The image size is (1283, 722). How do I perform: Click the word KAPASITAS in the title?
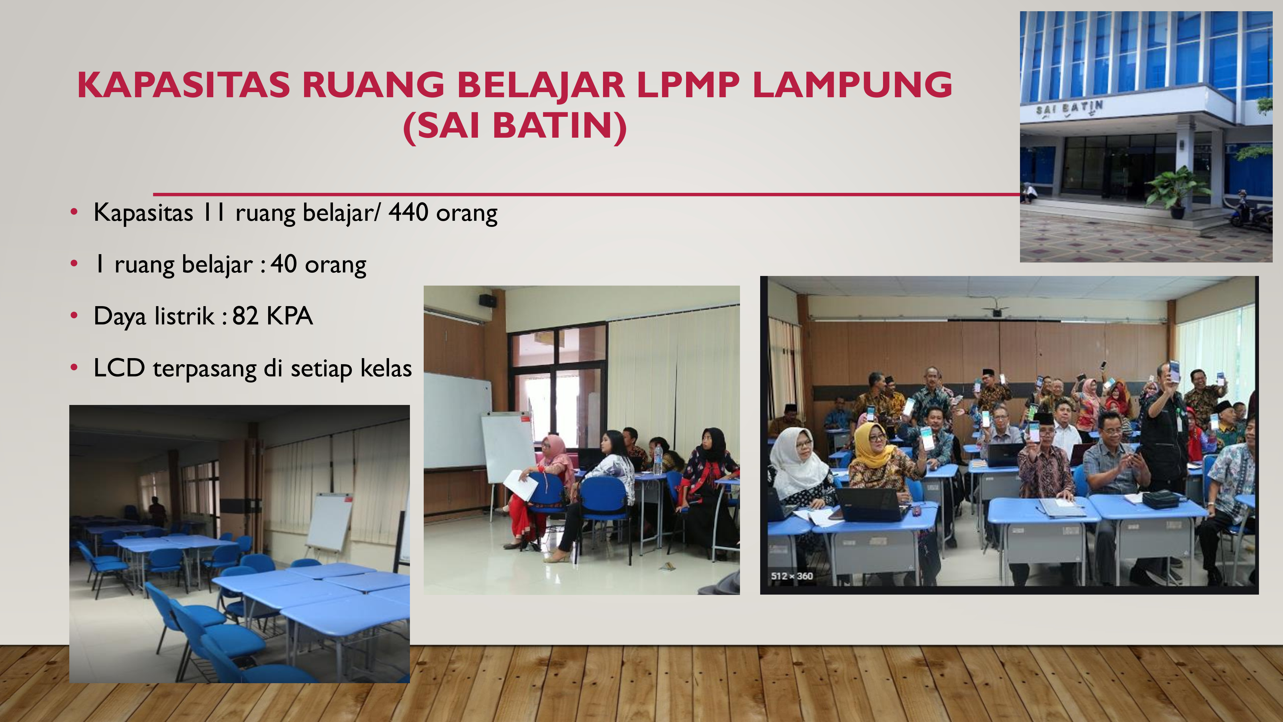point(183,85)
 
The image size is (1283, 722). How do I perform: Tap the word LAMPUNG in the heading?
point(852,85)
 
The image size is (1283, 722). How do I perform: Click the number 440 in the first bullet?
point(408,212)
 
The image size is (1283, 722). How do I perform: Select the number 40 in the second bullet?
point(284,264)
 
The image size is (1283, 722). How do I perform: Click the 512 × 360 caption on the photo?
point(792,576)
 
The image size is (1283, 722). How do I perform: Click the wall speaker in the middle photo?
point(488,300)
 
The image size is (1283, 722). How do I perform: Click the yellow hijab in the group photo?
point(871,445)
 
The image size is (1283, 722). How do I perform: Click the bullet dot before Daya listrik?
point(74,315)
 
